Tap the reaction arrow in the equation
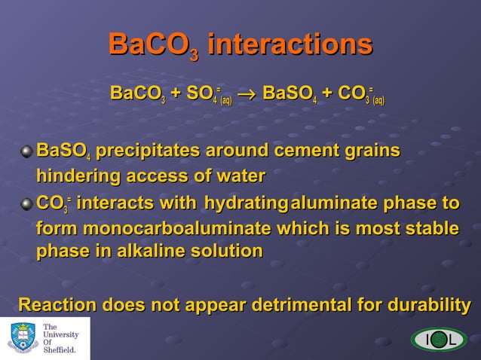pyautogui.click(x=247, y=94)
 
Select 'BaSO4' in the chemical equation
pyautogui.click(x=290, y=94)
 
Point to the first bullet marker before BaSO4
pyautogui.click(x=27, y=151)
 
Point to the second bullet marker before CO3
pyautogui.click(x=27, y=204)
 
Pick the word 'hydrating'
pyautogui.click(x=246, y=204)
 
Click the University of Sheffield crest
pyautogui.click(x=23, y=338)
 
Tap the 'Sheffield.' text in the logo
pyautogui.click(x=60, y=349)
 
